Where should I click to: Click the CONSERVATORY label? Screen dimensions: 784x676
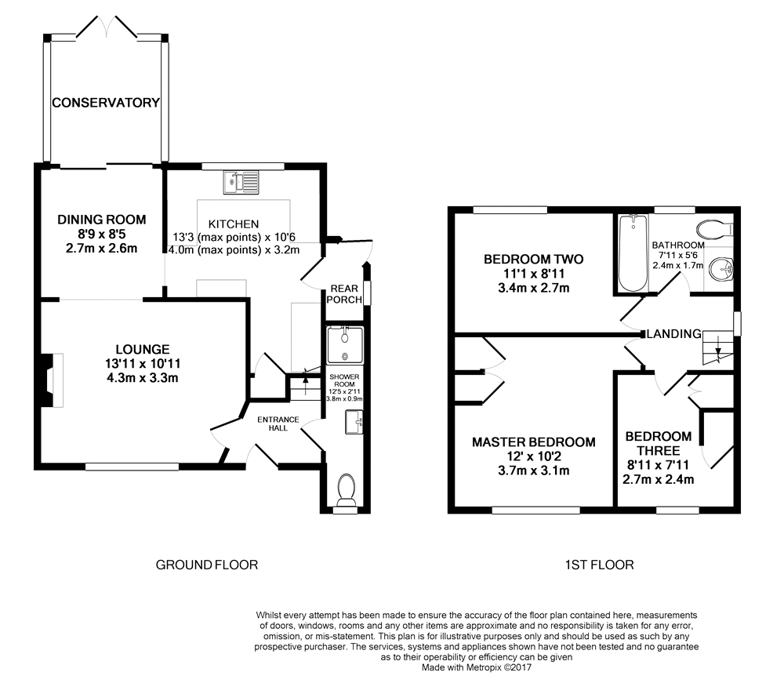pyautogui.click(x=106, y=103)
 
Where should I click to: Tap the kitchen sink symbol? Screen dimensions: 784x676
pyautogui.click(x=241, y=183)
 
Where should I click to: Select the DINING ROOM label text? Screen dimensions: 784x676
pyautogui.click(x=101, y=220)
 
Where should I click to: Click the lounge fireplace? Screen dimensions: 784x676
pyautogui.click(x=52, y=380)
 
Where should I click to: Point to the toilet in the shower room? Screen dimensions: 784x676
pyautogui.click(x=346, y=490)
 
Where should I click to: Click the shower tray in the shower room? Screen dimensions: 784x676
pyautogui.click(x=345, y=345)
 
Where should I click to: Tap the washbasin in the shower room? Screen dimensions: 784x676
pyautogui.click(x=354, y=422)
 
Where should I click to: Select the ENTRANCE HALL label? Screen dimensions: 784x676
pyautogui.click(x=278, y=423)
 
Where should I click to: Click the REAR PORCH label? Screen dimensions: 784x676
pyautogui.click(x=344, y=294)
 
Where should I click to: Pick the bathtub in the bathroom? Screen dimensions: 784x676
pyautogui.click(x=633, y=253)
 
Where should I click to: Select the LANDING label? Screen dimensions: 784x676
pyautogui.click(x=674, y=333)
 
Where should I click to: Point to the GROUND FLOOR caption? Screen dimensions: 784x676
pyautogui.click(x=207, y=565)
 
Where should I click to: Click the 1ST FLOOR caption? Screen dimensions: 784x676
pyautogui.click(x=600, y=565)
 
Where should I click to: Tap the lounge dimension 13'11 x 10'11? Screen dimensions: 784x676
pyautogui.click(x=143, y=364)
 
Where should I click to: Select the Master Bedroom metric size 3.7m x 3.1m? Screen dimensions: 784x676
pyautogui.click(x=533, y=471)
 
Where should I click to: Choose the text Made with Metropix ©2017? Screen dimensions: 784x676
pyautogui.click(x=477, y=667)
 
